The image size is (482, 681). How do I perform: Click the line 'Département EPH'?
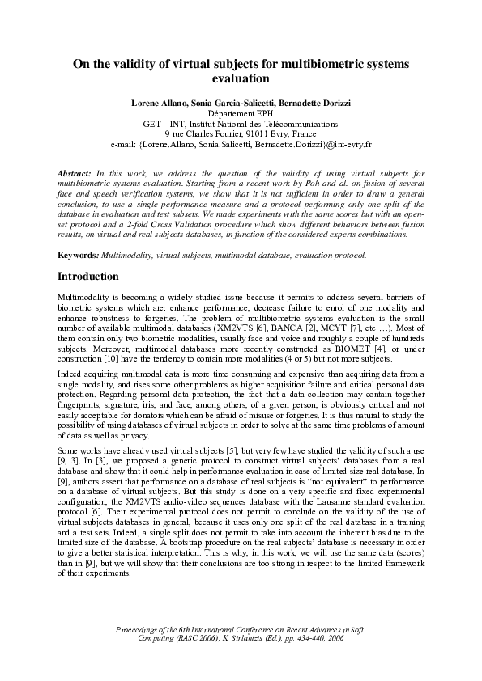[241, 115]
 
